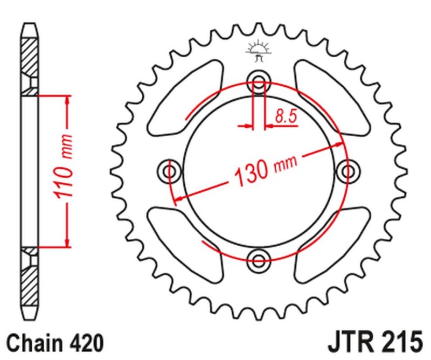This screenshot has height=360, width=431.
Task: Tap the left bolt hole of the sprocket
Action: coord(170,172)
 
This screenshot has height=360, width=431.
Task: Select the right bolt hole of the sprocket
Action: coord(347,171)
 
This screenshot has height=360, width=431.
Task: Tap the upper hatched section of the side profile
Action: coord(30,57)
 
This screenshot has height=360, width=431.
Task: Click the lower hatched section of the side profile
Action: coord(30,286)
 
